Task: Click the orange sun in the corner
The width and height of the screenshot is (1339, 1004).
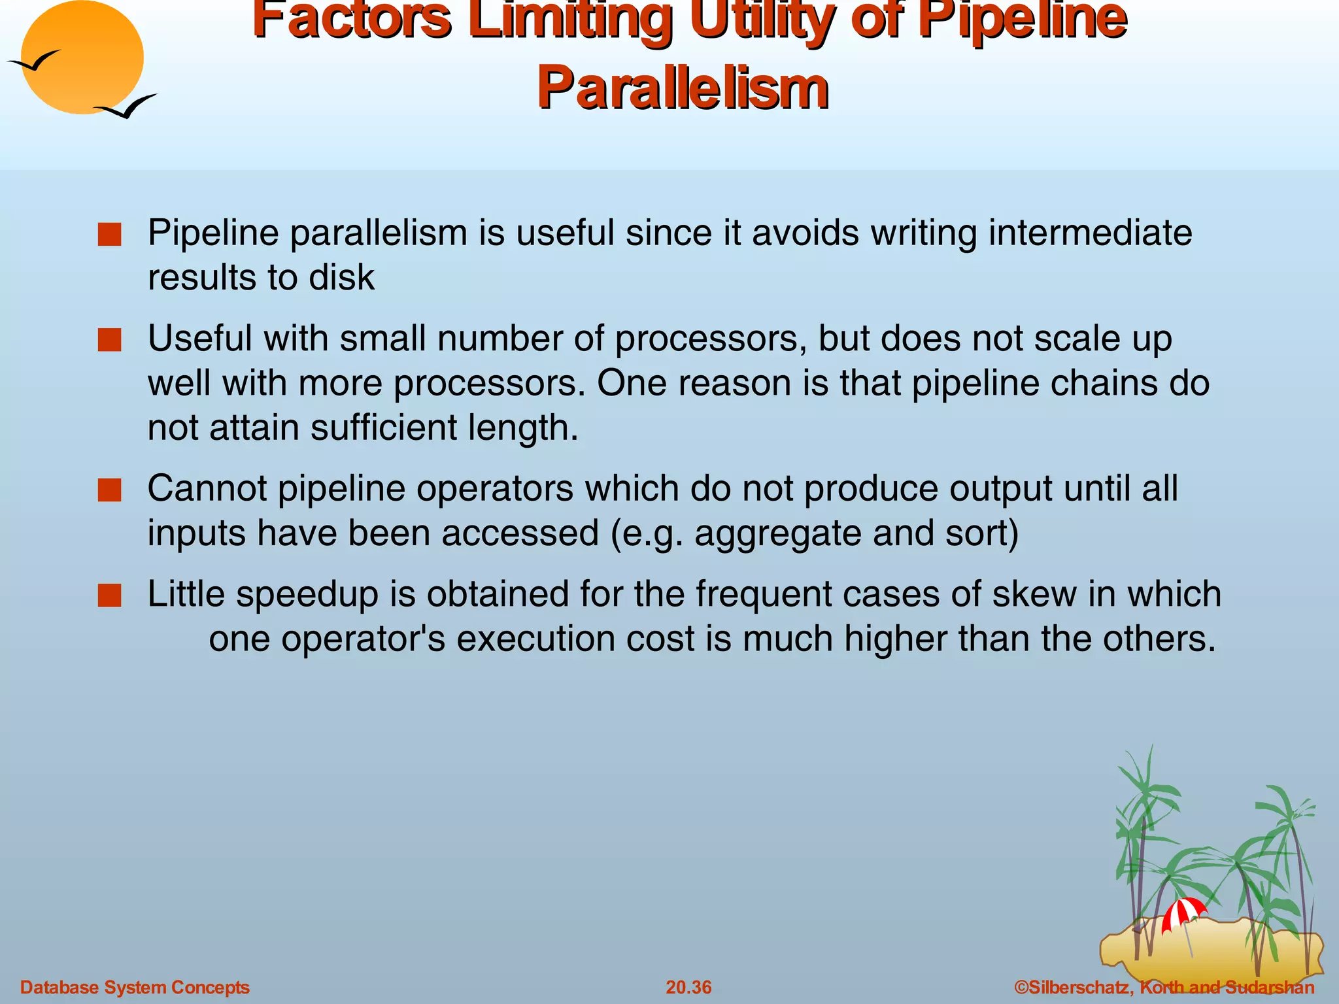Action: (x=82, y=58)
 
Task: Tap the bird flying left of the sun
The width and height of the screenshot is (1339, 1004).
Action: (x=34, y=62)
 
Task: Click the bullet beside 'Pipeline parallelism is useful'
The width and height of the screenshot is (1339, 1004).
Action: (x=110, y=235)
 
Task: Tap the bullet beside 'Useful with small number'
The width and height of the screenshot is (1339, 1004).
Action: (x=110, y=340)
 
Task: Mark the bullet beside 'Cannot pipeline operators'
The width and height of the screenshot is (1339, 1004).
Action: (x=110, y=490)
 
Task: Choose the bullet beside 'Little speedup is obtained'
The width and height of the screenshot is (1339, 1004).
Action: (x=110, y=595)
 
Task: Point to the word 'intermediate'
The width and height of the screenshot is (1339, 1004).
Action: (x=1090, y=233)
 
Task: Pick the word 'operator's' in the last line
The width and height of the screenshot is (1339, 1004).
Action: (x=363, y=639)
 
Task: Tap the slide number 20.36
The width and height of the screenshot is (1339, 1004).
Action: (x=688, y=987)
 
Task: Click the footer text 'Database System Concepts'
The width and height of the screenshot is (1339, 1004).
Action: (x=135, y=987)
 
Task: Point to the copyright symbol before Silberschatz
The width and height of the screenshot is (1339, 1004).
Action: (x=1021, y=987)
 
